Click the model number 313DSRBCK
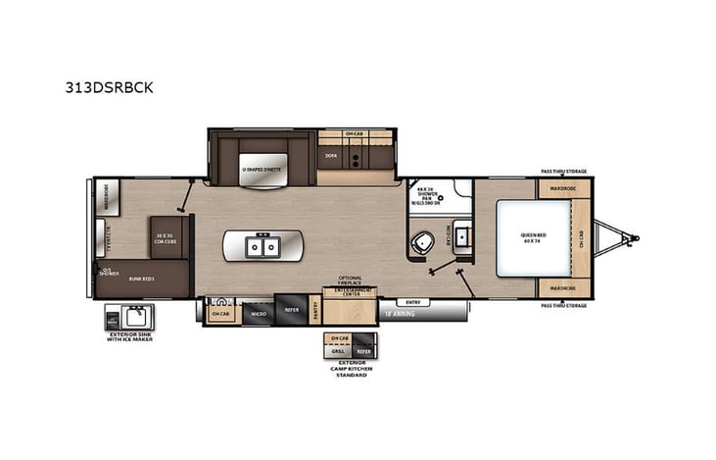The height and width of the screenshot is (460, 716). tap(117, 86)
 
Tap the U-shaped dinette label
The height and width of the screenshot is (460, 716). tap(263, 169)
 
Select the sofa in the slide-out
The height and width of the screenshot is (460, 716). tap(330, 154)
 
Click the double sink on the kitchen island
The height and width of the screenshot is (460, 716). tap(261, 245)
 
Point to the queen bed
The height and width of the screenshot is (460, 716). tap(533, 237)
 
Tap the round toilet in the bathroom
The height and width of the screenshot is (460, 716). tap(423, 244)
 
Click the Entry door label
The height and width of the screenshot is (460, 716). tap(410, 303)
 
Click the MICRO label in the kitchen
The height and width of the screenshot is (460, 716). tap(257, 314)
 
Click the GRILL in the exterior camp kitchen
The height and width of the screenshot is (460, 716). tap(338, 350)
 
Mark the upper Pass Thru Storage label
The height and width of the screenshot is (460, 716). tap(564, 172)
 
